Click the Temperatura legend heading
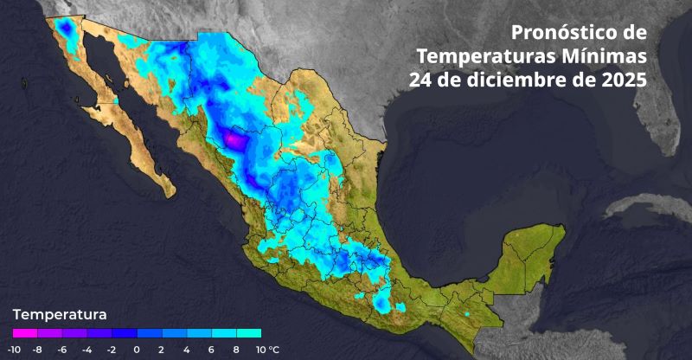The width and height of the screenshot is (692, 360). click(x=60, y=313)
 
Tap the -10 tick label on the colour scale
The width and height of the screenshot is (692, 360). click(x=14, y=350)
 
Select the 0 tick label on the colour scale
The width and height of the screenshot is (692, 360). click(x=137, y=350)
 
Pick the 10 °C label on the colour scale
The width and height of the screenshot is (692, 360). click(x=266, y=350)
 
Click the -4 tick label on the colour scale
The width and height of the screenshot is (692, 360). click(x=87, y=350)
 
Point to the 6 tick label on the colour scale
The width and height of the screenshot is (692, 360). click(x=211, y=350)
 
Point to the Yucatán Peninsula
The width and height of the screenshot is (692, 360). click(x=528, y=251)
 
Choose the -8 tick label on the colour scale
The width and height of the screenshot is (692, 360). click(x=37, y=350)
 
